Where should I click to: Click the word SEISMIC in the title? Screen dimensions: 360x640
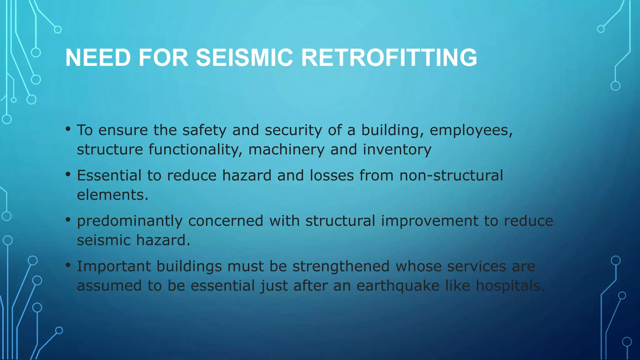(x=244, y=58)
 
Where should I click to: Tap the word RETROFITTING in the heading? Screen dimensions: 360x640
(x=389, y=58)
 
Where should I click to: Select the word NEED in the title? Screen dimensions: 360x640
(x=98, y=58)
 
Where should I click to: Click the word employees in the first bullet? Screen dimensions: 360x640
(x=471, y=130)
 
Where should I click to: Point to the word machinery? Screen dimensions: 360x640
(x=286, y=150)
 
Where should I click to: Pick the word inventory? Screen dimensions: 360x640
(x=397, y=150)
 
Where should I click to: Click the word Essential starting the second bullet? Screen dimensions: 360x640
(x=109, y=175)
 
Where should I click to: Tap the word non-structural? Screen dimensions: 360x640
(x=451, y=175)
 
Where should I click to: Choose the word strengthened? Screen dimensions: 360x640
(x=341, y=267)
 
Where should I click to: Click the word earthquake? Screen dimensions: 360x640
(x=398, y=286)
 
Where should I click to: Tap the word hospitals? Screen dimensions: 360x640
(x=510, y=286)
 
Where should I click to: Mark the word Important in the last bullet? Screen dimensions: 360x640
(x=114, y=267)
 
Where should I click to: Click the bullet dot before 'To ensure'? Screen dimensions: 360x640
(x=68, y=129)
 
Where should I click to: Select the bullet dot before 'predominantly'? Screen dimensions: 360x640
(x=68, y=220)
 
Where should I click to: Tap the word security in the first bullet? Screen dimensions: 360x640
(x=293, y=130)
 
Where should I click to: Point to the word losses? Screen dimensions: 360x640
(x=332, y=175)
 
